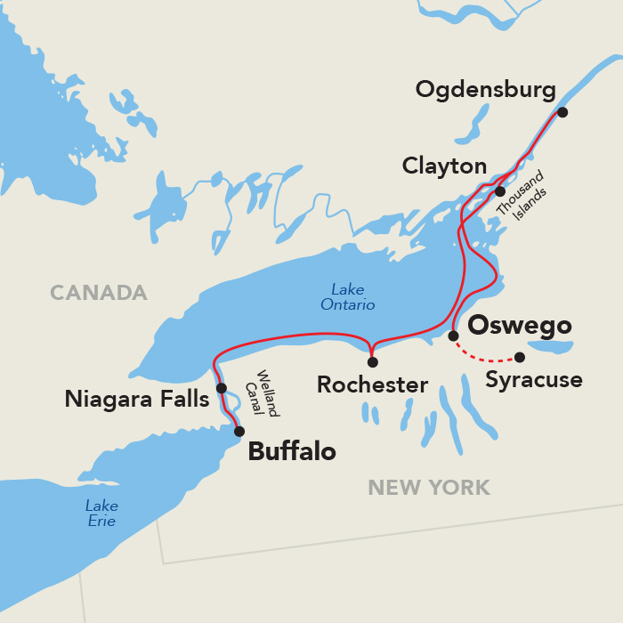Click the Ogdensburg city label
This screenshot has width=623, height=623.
pyautogui.click(x=485, y=90)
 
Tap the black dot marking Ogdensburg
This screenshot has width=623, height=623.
pyautogui.click(x=562, y=112)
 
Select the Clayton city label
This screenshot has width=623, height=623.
pyautogui.click(x=444, y=166)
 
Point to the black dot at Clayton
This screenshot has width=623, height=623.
pyautogui.click(x=500, y=191)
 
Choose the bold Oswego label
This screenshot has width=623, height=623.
pyautogui.click(x=519, y=325)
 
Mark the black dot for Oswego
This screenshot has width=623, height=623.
pyautogui.click(x=453, y=336)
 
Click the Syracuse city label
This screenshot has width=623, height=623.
pyautogui.click(x=534, y=381)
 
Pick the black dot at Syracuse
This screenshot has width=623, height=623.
pyautogui.click(x=520, y=358)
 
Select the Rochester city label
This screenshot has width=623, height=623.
pyautogui.click(x=372, y=385)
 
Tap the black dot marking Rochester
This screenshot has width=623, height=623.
pyautogui.click(x=372, y=362)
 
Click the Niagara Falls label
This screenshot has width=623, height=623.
pyautogui.click(x=136, y=400)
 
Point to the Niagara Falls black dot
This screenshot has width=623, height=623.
pyautogui.click(x=221, y=388)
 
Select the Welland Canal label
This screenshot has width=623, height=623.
pyautogui.click(x=267, y=393)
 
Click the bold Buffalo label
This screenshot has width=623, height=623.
pyautogui.click(x=292, y=452)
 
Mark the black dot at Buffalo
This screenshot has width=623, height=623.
pyautogui.click(x=239, y=432)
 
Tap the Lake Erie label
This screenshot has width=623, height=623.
pyautogui.click(x=101, y=514)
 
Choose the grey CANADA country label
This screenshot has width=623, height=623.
pyautogui.click(x=98, y=293)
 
